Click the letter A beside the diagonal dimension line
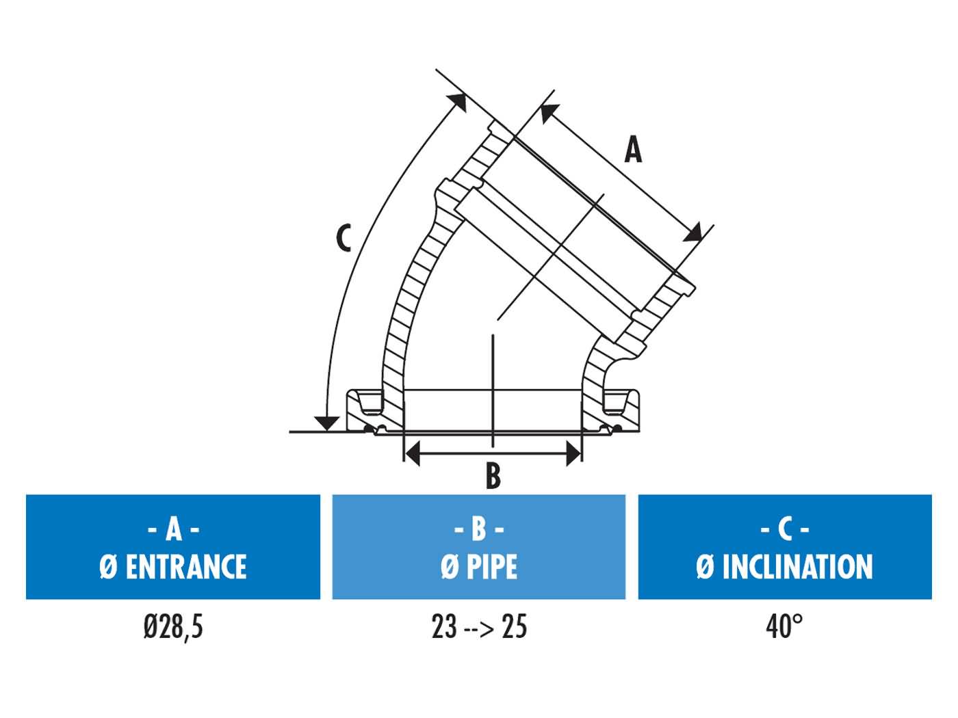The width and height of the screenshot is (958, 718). [x=634, y=150]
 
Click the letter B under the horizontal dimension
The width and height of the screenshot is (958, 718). [x=493, y=476]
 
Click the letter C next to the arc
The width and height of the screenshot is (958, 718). [x=344, y=237]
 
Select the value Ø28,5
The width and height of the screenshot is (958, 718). [x=173, y=626]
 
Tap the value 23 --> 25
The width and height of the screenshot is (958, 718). [x=479, y=626]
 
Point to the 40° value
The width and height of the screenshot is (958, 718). [x=784, y=626]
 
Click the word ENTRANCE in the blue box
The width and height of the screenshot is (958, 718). [x=186, y=567]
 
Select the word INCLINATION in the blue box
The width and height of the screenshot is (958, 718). [x=797, y=567]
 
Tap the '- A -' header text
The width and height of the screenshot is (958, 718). [x=173, y=529]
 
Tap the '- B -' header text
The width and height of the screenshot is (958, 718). [x=479, y=529]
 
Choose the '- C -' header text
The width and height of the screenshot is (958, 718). [x=785, y=529]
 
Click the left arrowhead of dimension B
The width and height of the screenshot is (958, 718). [x=412, y=453]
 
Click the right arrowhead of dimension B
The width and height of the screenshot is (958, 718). [x=573, y=453]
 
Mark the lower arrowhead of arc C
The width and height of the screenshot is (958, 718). [x=328, y=423]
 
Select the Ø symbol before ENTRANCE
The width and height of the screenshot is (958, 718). [x=107, y=567]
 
